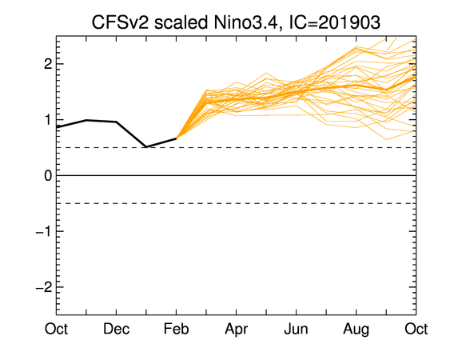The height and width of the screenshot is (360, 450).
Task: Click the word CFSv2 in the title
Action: pyautogui.click(x=121, y=22)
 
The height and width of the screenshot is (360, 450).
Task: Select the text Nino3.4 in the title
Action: pyautogui.click(x=245, y=22)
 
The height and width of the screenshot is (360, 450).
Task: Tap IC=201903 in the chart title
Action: pyautogui.click(x=334, y=22)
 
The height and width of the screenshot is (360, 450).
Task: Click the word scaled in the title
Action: pyautogui.click(x=181, y=22)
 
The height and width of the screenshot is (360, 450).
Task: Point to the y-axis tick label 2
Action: pyautogui.click(x=48, y=64)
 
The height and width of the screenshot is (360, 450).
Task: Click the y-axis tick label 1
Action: pyautogui.click(x=49, y=120)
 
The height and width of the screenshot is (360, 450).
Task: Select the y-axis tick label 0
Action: pyautogui.click(x=48, y=175)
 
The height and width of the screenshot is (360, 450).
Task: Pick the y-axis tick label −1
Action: pyautogui.click(x=44, y=231)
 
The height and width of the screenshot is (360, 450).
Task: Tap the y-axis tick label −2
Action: pyautogui.click(x=44, y=287)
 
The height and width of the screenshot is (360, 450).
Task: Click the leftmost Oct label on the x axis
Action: pyautogui.click(x=56, y=329)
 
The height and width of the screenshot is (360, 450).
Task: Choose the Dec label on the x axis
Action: pyautogui.click(x=116, y=329)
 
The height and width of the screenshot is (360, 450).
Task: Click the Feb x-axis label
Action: pyautogui.click(x=176, y=329)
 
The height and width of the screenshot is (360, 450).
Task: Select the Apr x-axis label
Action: pyautogui.click(x=237, y=330)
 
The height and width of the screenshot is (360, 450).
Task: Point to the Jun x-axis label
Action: pyautogui.click(x=297, y=329)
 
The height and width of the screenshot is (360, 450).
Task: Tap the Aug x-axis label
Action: pyautogui.click(x=356, y=330)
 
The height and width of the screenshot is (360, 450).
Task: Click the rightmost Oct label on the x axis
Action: pyautogui.click(x=416, y=329)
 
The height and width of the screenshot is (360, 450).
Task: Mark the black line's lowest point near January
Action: pyautogui.click(x=146, y=147)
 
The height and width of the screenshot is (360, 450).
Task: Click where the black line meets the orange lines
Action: pyautogui.click(x=176, y=138)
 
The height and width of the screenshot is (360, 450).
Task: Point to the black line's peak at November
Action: pyautogui.click(x=86, y=120)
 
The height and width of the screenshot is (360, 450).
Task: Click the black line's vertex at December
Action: pyautogui.click(x=116, y=122)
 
